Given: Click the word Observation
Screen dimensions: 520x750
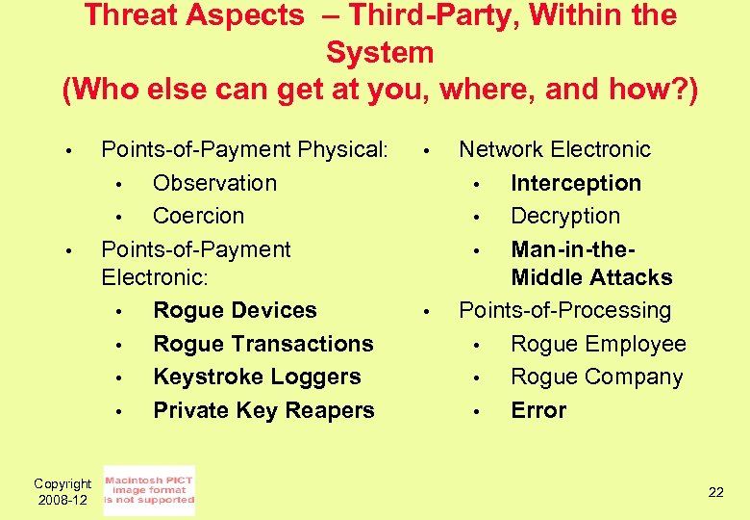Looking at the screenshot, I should point(214,183).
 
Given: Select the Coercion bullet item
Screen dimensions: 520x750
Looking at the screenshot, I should point(198,216).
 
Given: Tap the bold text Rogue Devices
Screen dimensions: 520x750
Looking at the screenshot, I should point(235,310).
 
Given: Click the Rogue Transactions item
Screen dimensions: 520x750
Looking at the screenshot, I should point(262,344).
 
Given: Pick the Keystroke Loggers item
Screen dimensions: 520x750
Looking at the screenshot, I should point(257,377).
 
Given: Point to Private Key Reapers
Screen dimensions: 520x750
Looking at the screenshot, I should point(263,410).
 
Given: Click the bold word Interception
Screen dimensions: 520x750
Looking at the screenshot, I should point(576,183).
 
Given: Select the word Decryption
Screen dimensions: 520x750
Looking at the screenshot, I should point(565,216).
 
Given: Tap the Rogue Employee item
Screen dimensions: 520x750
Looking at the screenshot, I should point(598,344).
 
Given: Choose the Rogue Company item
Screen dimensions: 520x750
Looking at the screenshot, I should point(596,377).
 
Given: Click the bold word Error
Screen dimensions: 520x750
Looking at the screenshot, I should point(538,410).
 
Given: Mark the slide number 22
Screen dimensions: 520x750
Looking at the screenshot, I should point(715,492).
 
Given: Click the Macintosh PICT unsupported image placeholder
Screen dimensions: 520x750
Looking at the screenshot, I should point(149,491).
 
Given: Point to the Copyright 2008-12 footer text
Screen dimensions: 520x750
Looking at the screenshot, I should point(62,492).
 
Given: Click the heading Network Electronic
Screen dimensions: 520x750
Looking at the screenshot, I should point(555,149).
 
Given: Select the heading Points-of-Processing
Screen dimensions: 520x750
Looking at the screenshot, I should point(564,310).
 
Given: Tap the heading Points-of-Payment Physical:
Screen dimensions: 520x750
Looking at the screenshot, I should point(244,149).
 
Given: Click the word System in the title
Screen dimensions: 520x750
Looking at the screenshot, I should point(380,52).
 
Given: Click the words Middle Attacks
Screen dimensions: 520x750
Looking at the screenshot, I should point(591,277).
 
